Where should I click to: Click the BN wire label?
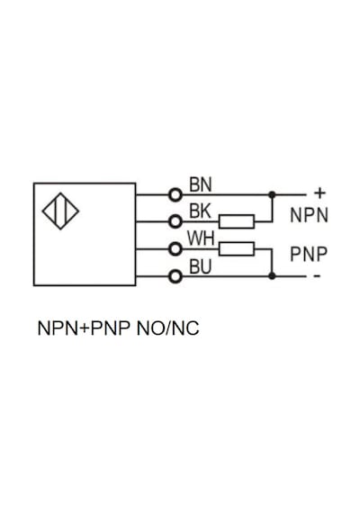pos(201,184)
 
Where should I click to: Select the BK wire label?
pos(201,211)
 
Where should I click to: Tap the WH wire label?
pos(201,238)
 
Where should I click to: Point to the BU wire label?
pos(201,266)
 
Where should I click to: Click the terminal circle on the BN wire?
pos(175,195)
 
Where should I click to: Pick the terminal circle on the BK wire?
pos(175,221)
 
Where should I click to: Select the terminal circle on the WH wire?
pos(175,249)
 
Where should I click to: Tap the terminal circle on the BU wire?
pos(175,276)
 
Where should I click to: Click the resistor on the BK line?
pos(237,221)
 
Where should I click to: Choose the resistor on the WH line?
pos(237,249)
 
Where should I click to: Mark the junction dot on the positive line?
pos(272,195)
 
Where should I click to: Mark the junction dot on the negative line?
pos(272,275)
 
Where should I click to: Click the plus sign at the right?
pos(319,193)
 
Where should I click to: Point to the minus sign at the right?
pos(317,276)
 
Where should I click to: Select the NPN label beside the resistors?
pos(309,215)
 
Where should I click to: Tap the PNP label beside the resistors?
pos(309,254)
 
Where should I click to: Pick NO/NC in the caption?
pos(168,328)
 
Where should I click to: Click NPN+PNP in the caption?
pos(84,328)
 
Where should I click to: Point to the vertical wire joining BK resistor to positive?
pos(273,209)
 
